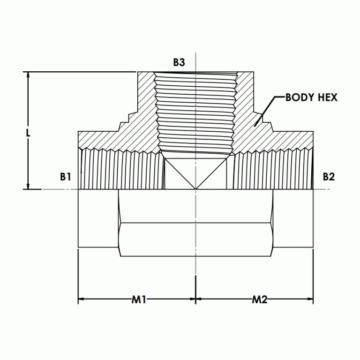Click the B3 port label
coord(179,62)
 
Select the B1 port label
coord(65,177)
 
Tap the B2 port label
coord(329,177)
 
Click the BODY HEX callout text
coord(311,97)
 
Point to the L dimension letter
coord(28,133)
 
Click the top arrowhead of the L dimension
coord(29,75)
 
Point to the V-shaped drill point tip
coord(195,188)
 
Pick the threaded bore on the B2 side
coord(272,171)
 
